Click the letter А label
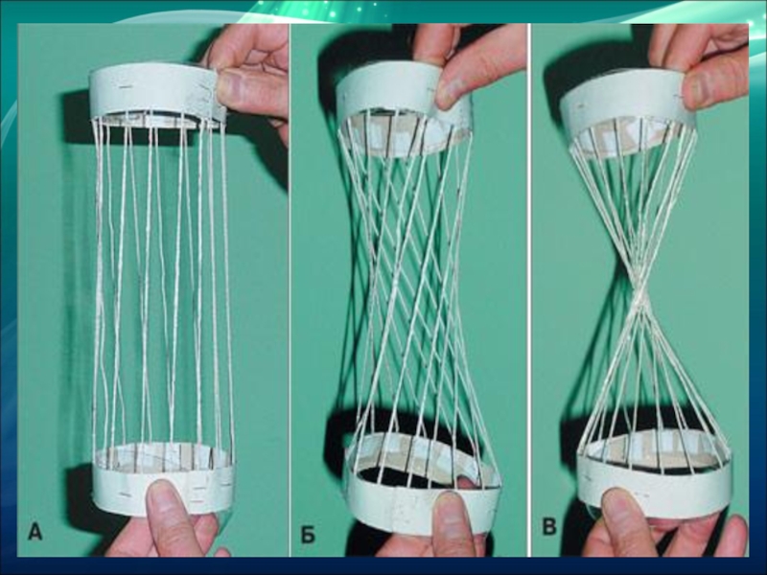click(35, 532)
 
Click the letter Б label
click(307, 536)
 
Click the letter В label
click(549, 527)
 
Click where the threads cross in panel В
click(639, 297)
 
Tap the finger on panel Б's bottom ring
click(453, 523)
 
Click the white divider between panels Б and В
click(529, 290)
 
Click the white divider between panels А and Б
click(290, 290)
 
